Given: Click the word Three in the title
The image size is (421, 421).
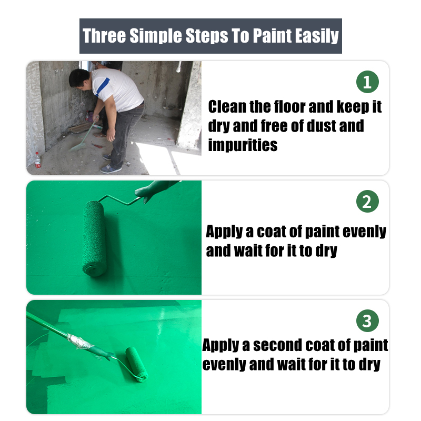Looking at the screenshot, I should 104,36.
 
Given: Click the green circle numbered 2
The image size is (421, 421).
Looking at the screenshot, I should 367,202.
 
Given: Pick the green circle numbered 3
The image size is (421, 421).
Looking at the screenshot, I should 367,320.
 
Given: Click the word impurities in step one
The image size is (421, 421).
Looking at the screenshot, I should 243,145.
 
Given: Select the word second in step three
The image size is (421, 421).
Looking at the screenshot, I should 278,345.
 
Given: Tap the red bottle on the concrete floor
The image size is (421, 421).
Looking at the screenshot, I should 37,159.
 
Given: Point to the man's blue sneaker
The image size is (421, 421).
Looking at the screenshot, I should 111,168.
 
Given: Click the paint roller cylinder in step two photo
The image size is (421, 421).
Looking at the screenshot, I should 94,238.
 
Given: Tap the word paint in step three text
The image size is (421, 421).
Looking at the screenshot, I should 369,345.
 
